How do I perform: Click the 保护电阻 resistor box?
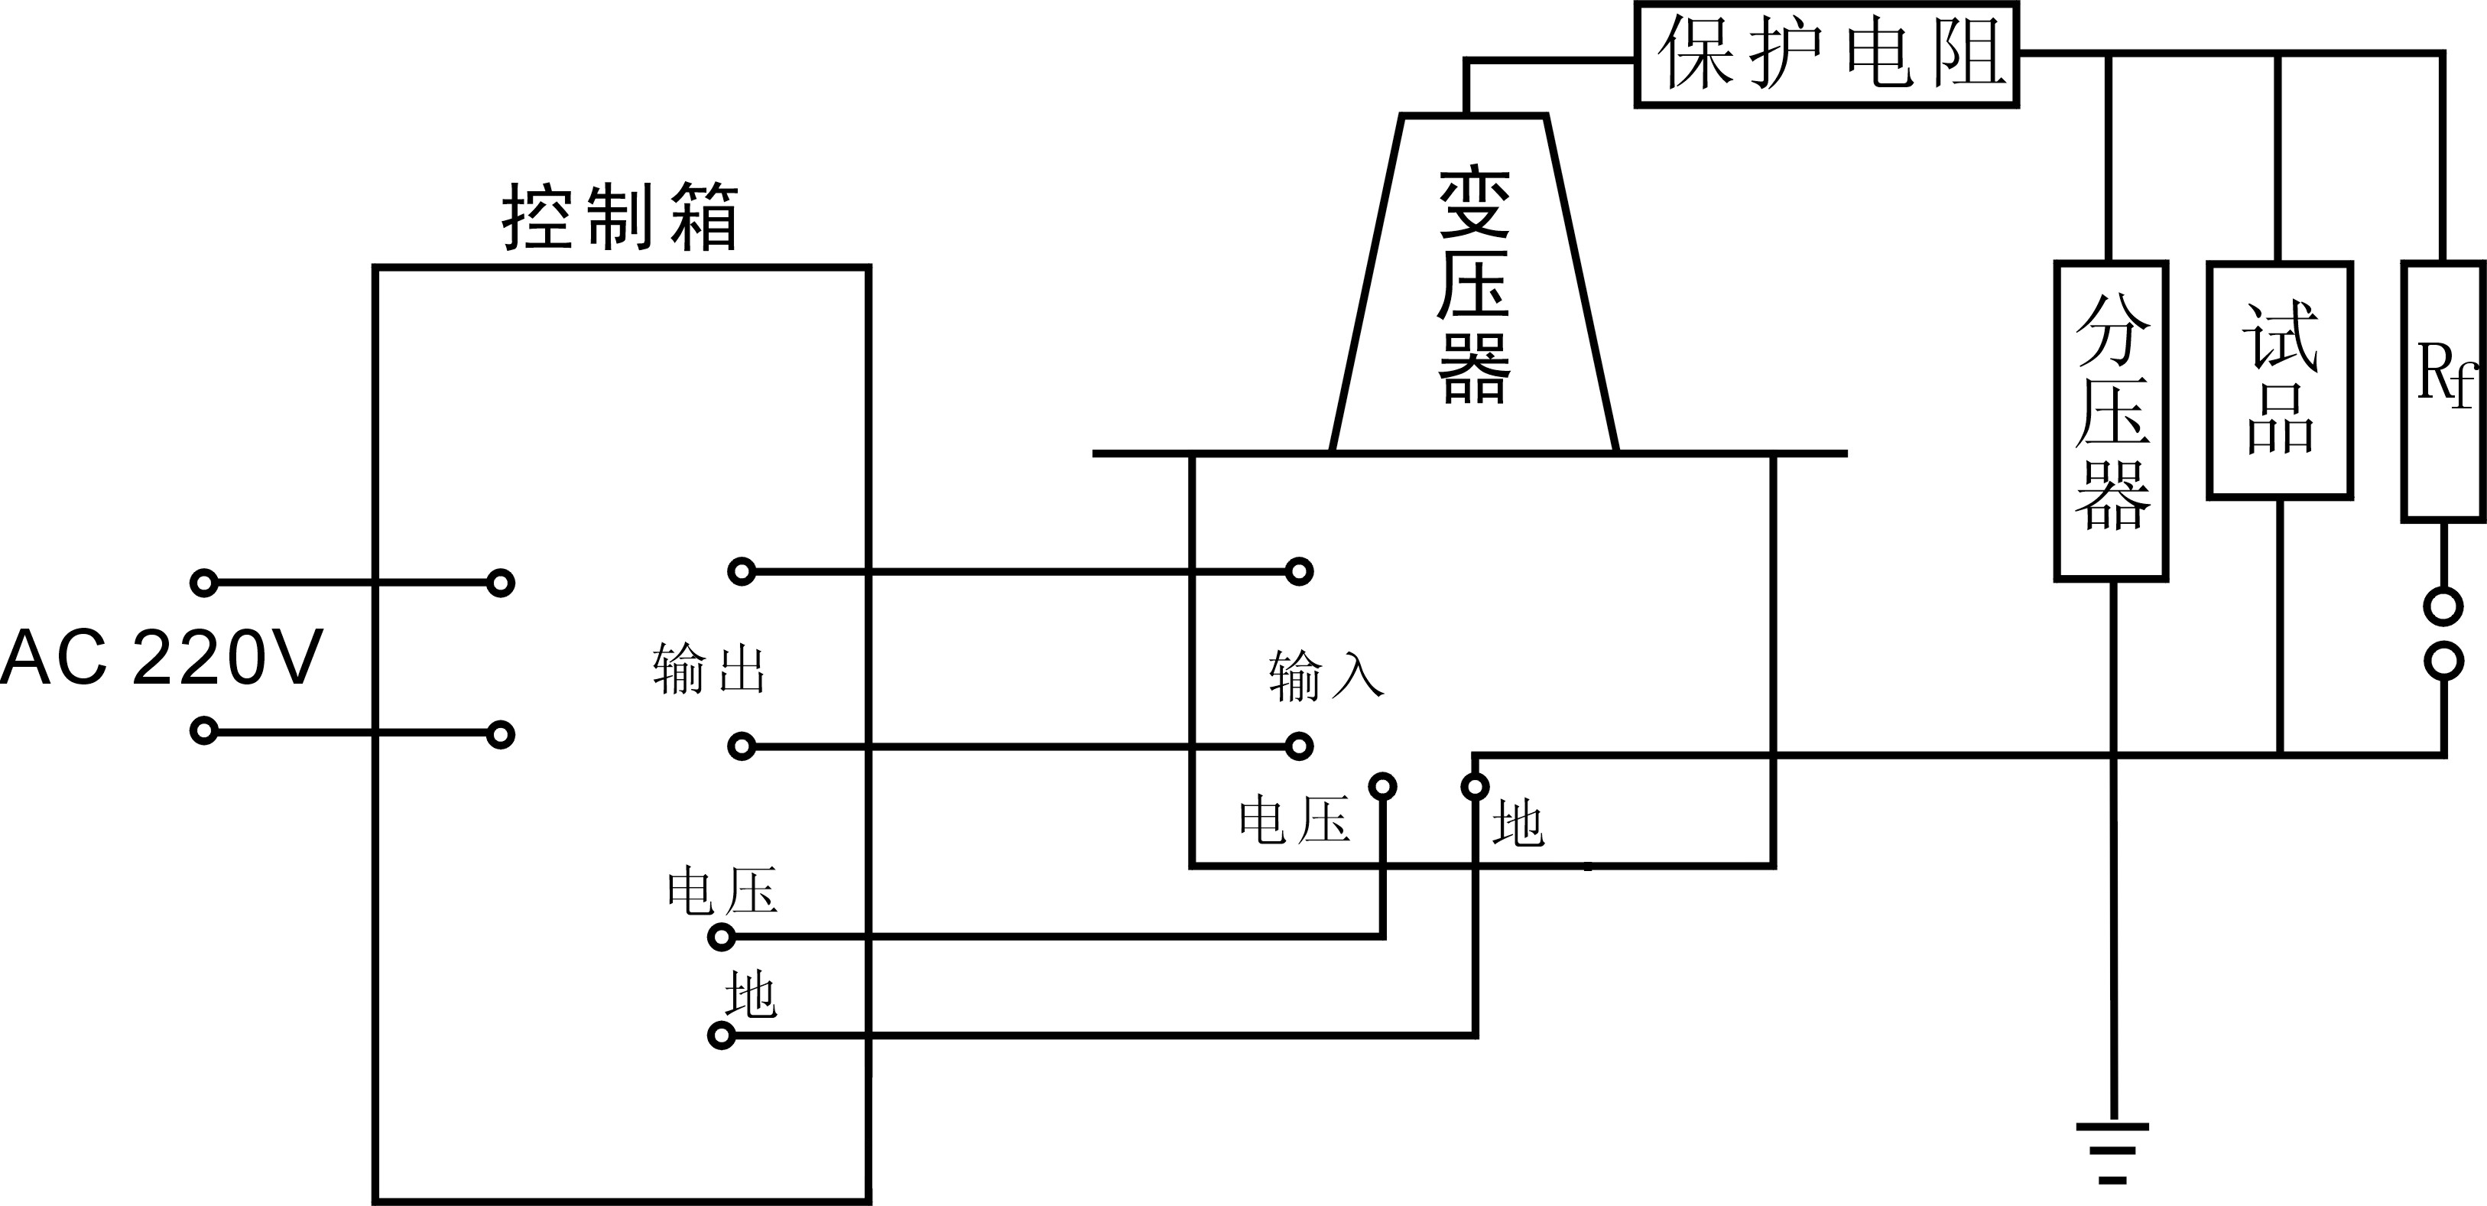(1826, 54)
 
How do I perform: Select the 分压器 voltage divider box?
(2111, 421)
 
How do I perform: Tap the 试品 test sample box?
(2278, 380)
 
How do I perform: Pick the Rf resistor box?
(2443, 391)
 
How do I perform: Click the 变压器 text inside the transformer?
(1473, 286)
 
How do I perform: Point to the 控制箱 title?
(621, 218)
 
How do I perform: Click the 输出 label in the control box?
(709, 669)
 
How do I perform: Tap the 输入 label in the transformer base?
(1326, 675)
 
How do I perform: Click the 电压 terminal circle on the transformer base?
(1382, 787)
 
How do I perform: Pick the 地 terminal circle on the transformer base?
(1474, 787)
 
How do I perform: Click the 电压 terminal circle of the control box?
(721, 937)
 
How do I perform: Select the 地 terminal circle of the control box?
(721, 1036)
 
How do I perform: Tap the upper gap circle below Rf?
(2443, 606)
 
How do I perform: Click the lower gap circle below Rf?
(2443, 662)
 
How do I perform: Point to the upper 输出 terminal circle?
(741, 571)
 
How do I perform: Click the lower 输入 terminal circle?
(1300, 746)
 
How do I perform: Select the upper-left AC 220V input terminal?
(203, 582)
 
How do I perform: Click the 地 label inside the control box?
(750, 994)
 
